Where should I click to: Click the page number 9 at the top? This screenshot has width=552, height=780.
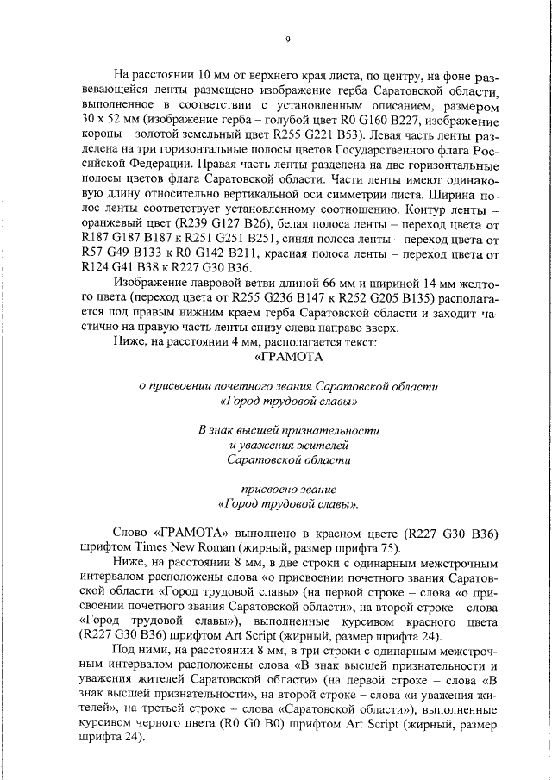288,39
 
